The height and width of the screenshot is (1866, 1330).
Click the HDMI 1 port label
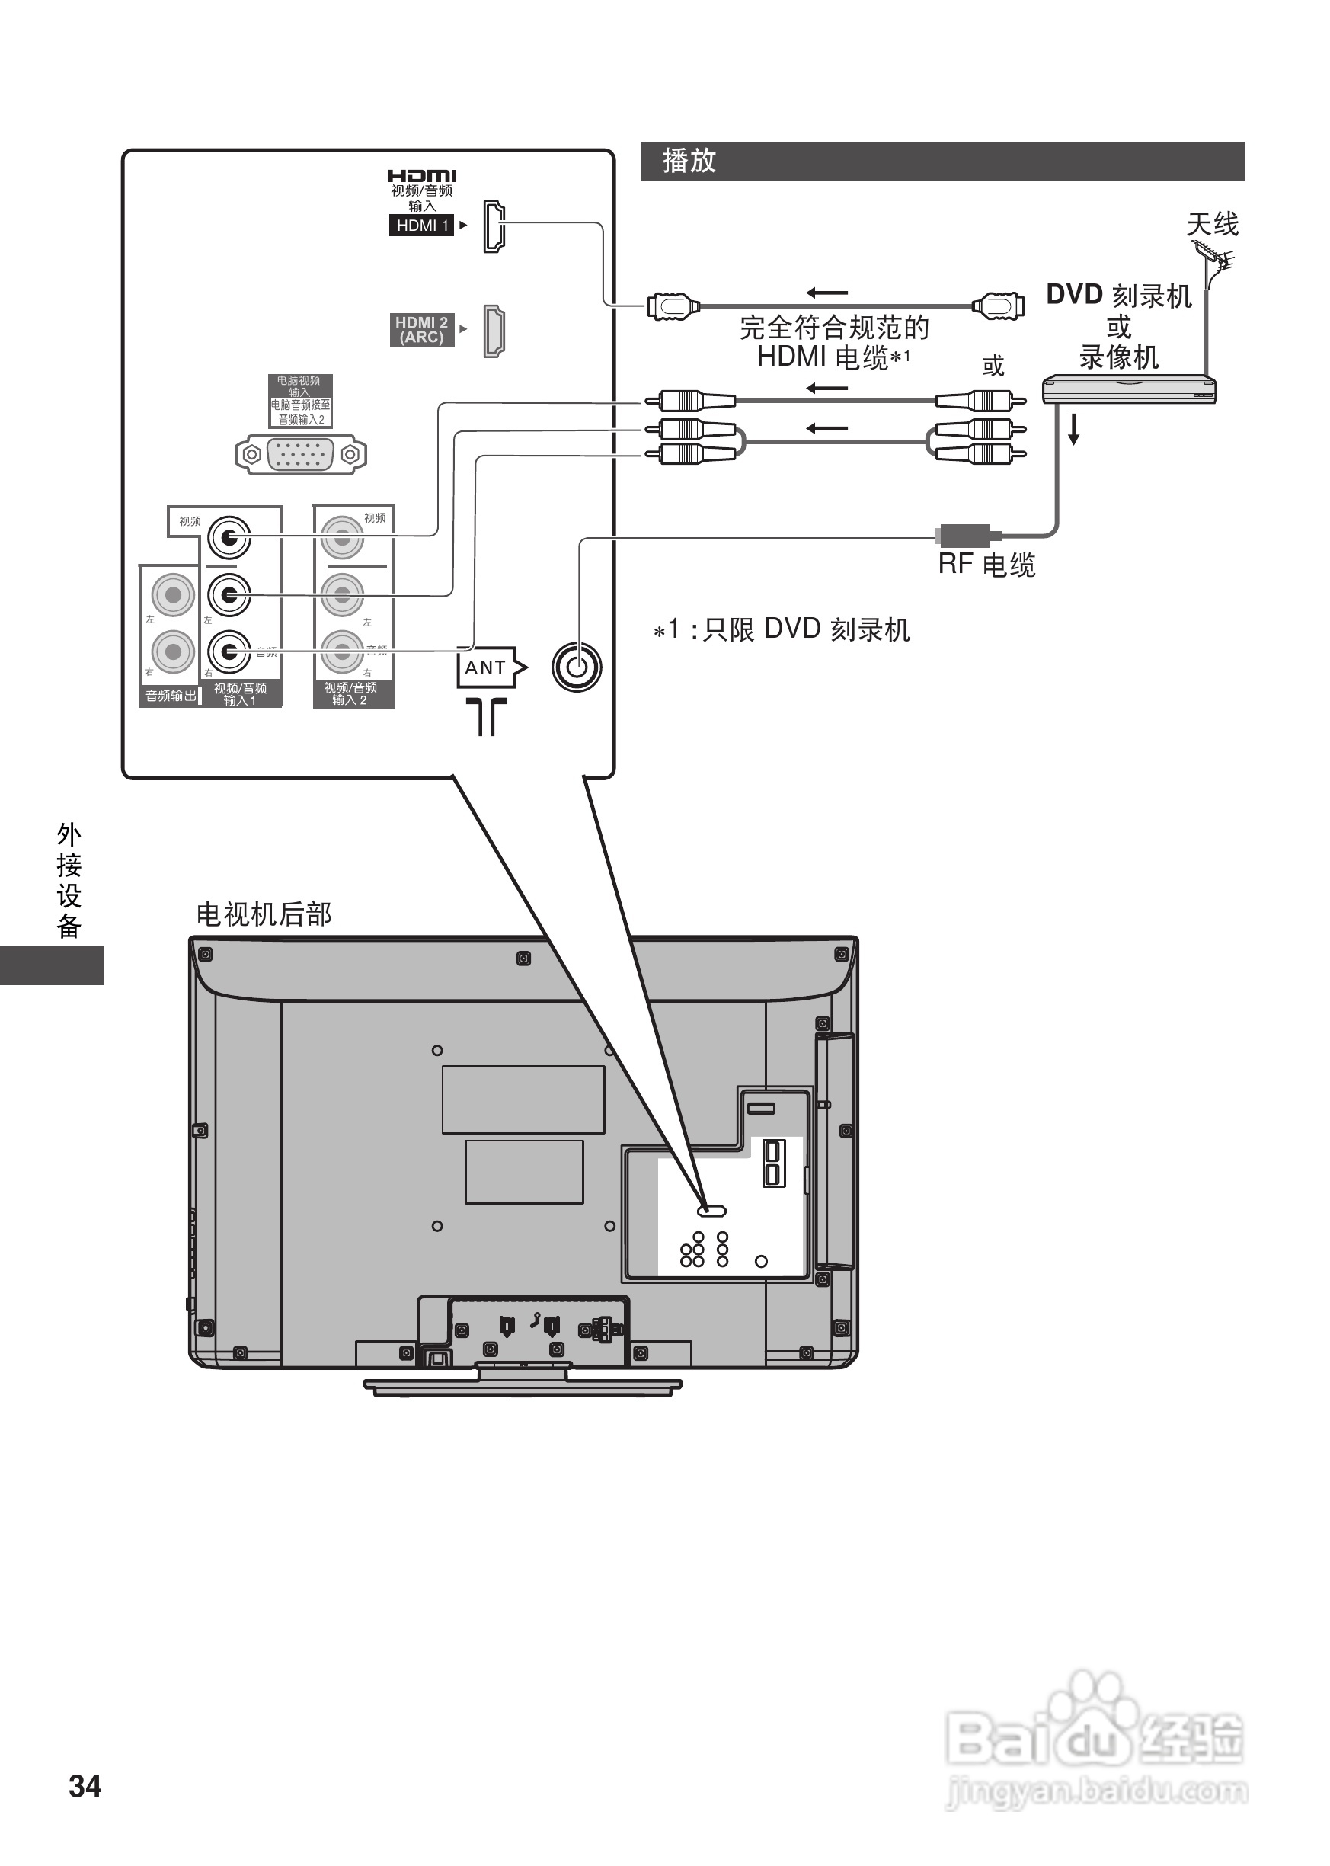422,226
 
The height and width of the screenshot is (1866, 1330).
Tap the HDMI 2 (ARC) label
422,330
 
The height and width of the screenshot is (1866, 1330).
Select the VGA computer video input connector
301,455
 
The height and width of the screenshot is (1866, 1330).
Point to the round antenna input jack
577,667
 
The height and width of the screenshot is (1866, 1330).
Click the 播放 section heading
689,162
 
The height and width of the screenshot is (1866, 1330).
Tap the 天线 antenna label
1212,223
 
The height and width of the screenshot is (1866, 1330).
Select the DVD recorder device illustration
1129,390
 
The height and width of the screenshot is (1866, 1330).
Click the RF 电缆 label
987,565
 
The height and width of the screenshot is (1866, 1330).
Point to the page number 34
85,1787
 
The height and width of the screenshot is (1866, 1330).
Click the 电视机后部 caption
264,914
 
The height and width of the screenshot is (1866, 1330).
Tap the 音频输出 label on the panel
171,696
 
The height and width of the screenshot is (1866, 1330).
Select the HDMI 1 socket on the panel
494,226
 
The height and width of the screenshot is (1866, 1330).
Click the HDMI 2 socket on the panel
494,330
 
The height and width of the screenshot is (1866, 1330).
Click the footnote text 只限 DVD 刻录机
807,630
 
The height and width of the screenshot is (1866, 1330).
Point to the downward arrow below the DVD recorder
1073,429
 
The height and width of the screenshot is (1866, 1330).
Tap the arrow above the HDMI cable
826,293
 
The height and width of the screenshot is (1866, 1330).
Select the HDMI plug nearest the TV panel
673,307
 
